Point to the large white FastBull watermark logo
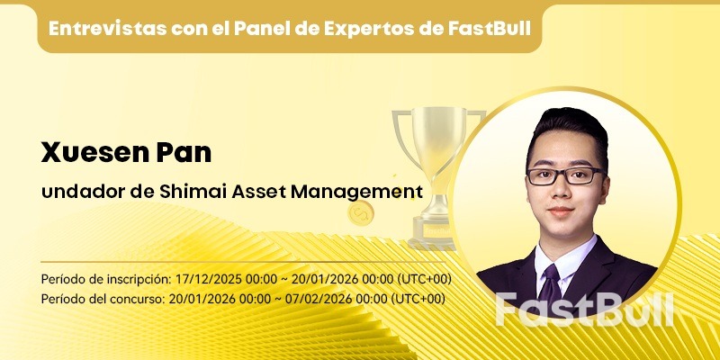click(x=584, y=309)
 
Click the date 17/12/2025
click(x=208, y=278)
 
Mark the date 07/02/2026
click(x=311, y=298)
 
